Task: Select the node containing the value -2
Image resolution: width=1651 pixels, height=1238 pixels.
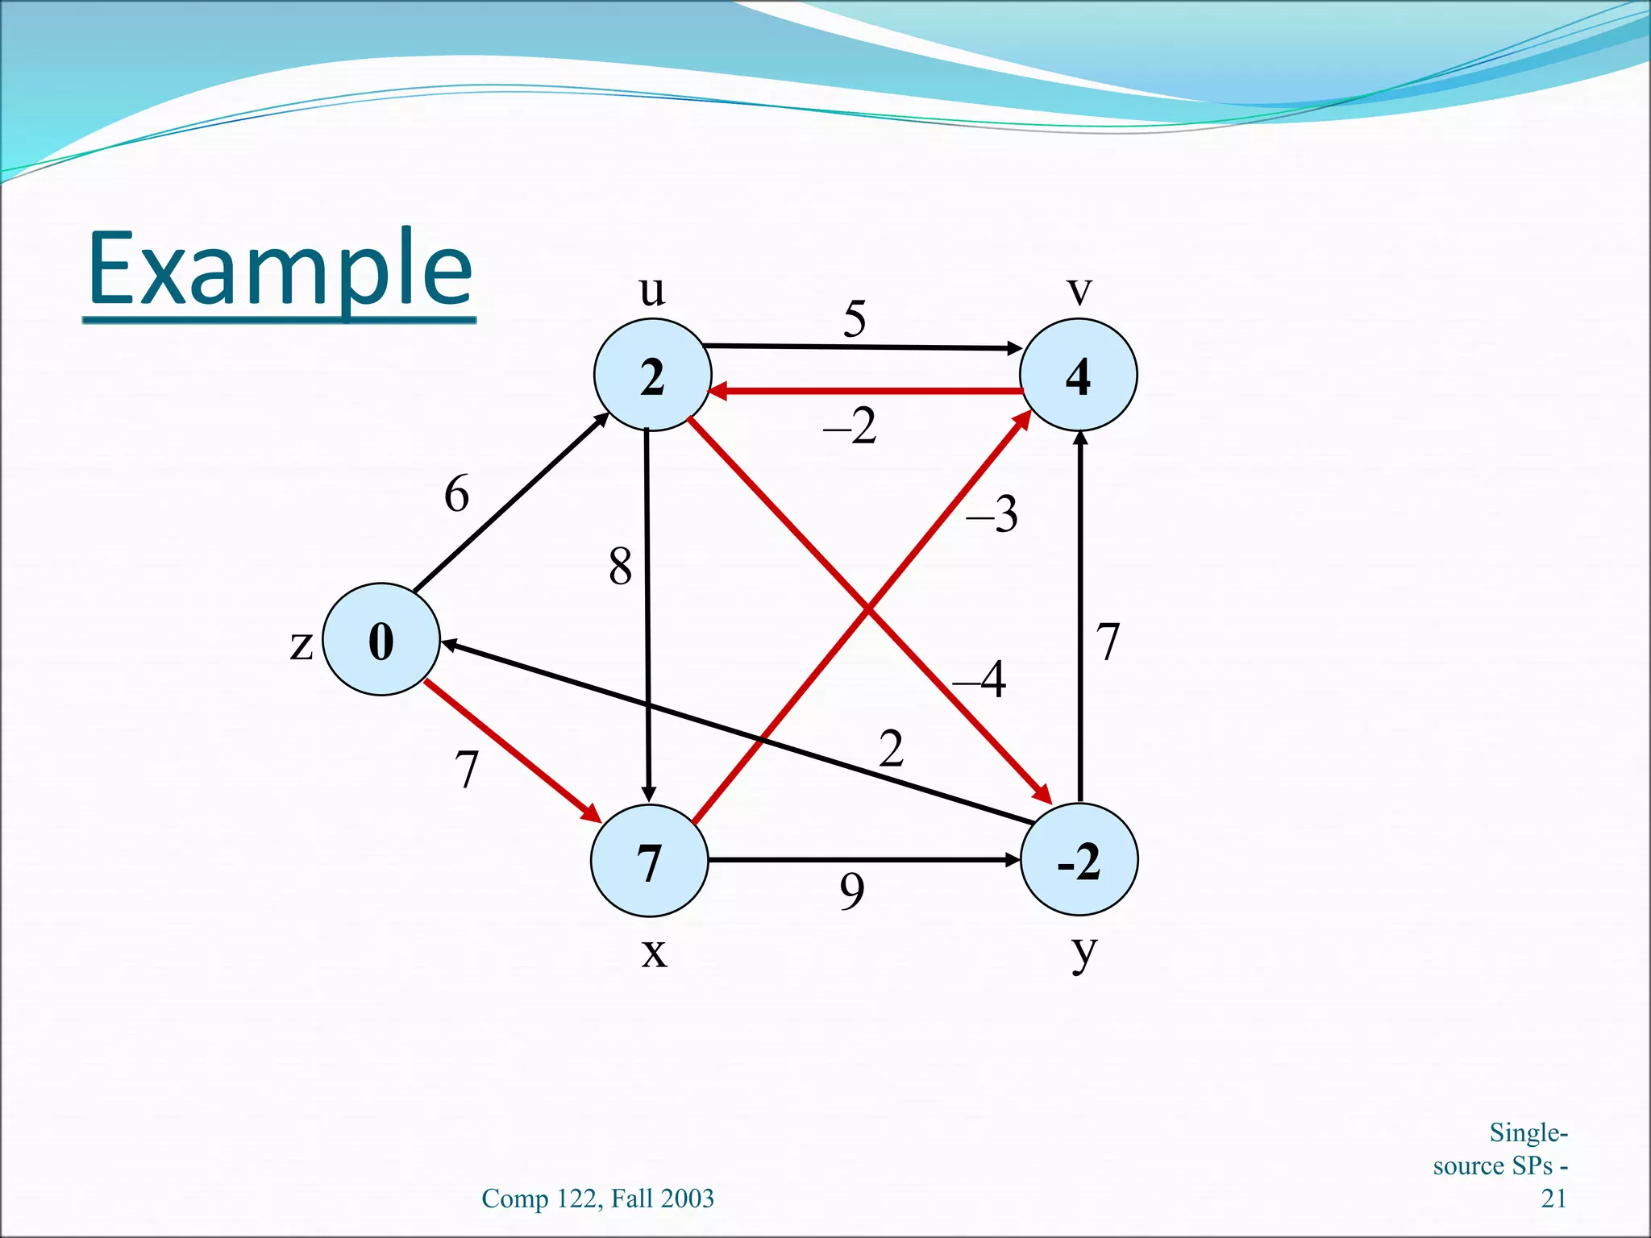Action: [1079, 860]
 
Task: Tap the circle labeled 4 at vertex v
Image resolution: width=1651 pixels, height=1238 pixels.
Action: [1078, 376]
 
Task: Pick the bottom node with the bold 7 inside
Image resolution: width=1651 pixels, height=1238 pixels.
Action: [649, 861]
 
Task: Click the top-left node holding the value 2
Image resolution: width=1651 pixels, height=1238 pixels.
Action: [652, 376]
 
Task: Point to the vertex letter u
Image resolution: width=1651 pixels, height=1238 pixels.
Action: [652, 291]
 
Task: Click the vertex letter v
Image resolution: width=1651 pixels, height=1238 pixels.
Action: [1079, 291]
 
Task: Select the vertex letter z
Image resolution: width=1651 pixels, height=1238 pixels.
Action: [301, 645]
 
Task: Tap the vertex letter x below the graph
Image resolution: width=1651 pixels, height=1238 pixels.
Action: [654, 953]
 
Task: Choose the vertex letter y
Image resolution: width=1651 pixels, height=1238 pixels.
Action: [1083, 953]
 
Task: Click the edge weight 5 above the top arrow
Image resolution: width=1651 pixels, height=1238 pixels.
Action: [855, 318]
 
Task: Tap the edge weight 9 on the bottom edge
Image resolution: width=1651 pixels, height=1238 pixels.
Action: [852, 891]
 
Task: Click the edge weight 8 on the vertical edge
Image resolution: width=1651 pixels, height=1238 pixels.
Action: [620, 566]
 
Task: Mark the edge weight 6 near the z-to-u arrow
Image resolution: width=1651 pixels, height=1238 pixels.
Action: [456, 493]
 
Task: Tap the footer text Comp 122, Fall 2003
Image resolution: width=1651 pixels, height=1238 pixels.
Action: [597, 1199]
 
